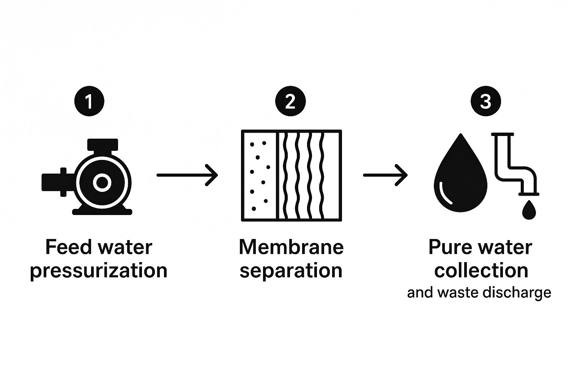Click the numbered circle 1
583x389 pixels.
point(89,101)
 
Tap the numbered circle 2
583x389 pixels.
point(290,101)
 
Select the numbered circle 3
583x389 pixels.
point(485,101)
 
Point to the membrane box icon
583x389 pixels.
point(291,175)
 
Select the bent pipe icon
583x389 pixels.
point(514,163)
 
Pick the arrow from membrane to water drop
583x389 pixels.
point(385,175)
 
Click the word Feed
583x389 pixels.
point(68,247)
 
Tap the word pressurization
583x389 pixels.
point(99,271)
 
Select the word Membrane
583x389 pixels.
point(291,247)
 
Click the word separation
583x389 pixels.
point(291,271)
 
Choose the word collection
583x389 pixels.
point(481,271)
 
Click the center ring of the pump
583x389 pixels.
point(102,183)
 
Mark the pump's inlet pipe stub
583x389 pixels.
point(53,182)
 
